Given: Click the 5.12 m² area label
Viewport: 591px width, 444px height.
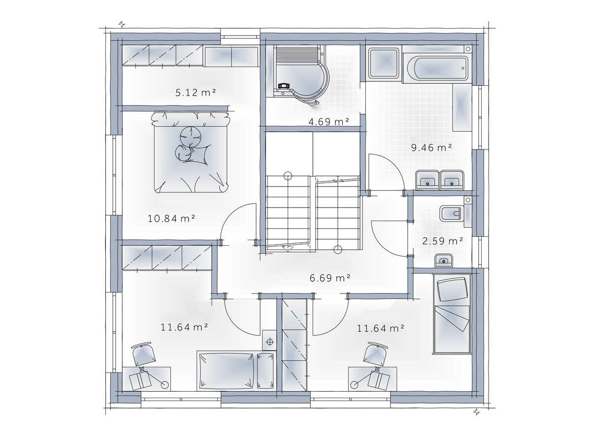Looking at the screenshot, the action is pyautogui.click(x=196, y=92).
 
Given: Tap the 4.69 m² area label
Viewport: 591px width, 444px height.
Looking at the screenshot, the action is pyautogui.click(x=328, y=121).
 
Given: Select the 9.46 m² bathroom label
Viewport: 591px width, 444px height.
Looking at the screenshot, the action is pyautogui.click(x=431, y=148).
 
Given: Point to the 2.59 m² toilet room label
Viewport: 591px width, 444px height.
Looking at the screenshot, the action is pyautogui.click(x=443, y=241).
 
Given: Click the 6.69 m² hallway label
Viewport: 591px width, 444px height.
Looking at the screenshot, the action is pyautogui.click(x=330, y=278).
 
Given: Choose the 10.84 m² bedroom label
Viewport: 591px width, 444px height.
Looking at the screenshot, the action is pyautogui.click(x=171, y=219).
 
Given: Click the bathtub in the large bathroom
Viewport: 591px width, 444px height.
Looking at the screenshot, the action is pyautogui.click(x=437, y=68).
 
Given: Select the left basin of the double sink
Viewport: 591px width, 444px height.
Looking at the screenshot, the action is pyautogui.click(x=427, y=180).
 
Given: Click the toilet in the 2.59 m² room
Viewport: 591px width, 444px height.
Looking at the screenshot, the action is pyautogui.click(x=452, y=213).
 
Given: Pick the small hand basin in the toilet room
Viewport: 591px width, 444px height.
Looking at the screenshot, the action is pyautogui.click(x=444, y=260).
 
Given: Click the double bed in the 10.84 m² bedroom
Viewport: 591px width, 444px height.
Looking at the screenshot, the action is pyautogui.click(x=190, y=152).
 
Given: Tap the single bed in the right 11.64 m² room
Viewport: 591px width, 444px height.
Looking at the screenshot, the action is pyautogui.click(x=452, y=314).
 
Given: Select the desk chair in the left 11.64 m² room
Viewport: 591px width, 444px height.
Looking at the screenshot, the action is pyautogui.click(x=144, y=354).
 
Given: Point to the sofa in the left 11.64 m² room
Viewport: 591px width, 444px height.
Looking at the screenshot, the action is pyautogui.click(x=236, y=370).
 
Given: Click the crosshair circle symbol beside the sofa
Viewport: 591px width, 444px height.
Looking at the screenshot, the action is pyautogui.click(x=269, y=342).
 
